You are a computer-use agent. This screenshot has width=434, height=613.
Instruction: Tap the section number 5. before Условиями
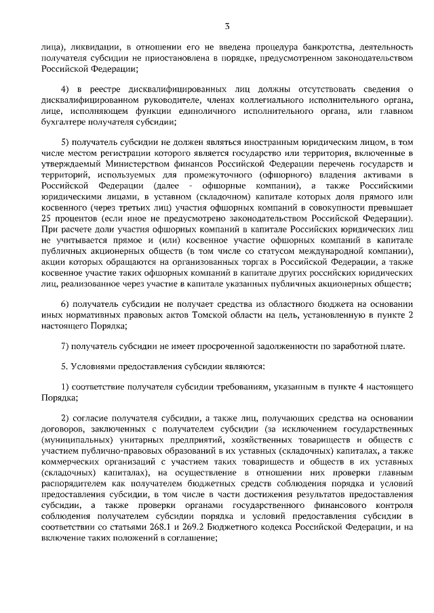[65, 366]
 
